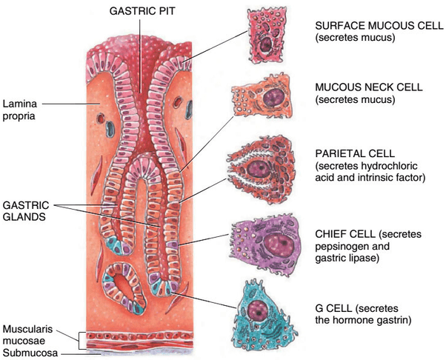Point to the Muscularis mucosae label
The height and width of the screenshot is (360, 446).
pos(29,333)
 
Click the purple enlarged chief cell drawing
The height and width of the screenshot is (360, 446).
pos(266,241)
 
